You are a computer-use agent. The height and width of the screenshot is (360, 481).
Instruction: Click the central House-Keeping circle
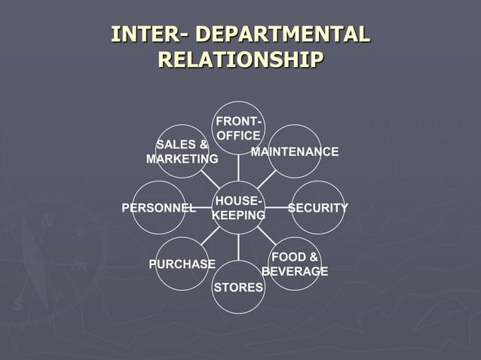coord(238,207)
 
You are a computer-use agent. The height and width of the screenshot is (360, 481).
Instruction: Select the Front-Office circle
coord(238,128)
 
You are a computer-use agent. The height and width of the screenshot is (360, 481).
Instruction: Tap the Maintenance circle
coord(295,151)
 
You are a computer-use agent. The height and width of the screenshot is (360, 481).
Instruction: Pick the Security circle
coord(317,207)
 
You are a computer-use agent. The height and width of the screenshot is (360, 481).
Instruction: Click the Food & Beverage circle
coord(295,263)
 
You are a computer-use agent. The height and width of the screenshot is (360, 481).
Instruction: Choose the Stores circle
coord(238,287)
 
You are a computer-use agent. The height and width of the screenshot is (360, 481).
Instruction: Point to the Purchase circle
coord(182,264)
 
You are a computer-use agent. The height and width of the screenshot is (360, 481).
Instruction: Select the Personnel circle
coord(159,207)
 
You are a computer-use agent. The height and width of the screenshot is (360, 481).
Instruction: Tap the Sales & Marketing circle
coord(182,151)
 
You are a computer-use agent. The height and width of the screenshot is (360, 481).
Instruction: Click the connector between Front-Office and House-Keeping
coord(238,167)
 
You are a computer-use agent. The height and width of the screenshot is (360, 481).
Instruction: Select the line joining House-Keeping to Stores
coord(238,247)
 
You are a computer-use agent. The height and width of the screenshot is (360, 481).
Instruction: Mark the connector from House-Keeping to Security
coord(277,207)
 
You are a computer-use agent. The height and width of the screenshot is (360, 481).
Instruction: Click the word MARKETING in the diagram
coord(182,160)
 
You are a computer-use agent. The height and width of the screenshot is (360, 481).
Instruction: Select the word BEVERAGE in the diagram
coord(295,271)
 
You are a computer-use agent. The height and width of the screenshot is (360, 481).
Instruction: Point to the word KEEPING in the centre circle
coord(238,215)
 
